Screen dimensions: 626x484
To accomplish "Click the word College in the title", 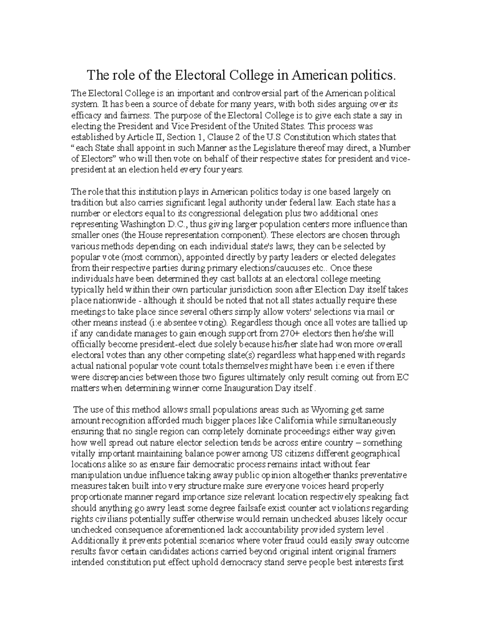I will [250, 75].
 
